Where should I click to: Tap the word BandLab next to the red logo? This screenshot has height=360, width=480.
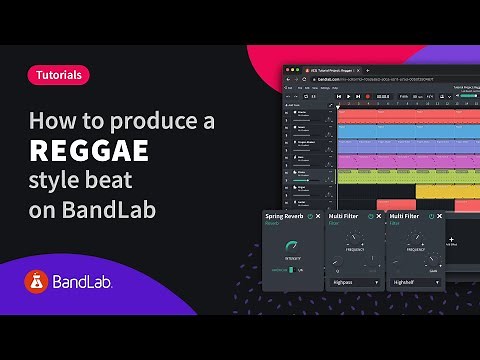pos(83,283)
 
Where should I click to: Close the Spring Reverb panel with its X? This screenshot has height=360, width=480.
pos(319,216)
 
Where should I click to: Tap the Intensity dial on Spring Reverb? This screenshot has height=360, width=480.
pos(292,246)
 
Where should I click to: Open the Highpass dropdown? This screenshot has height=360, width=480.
pos(354,283)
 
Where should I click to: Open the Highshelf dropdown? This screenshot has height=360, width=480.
pos(414,283)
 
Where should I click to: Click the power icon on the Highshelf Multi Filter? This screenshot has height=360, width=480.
pos(431,216)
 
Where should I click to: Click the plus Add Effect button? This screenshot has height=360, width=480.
pos(451,240)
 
